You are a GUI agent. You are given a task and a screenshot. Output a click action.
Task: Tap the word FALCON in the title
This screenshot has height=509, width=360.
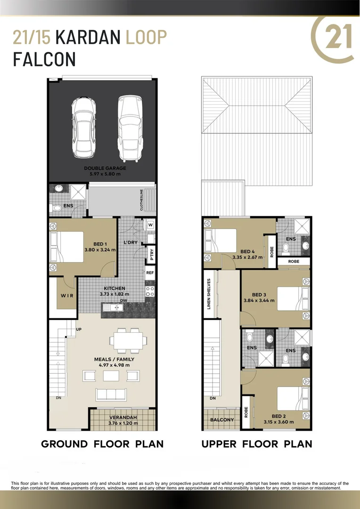(44, 59)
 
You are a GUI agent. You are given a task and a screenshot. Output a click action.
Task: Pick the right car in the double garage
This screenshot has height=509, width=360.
(130, 126)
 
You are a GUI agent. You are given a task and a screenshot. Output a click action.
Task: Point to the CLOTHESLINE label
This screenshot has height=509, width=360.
(141, 200)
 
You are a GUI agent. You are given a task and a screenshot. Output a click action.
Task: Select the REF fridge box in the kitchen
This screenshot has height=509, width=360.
(150, 272)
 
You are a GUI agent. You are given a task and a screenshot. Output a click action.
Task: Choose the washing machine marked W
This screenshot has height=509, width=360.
(151, 225)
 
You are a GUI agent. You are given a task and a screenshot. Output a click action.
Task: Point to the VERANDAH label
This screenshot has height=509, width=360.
(123, 417)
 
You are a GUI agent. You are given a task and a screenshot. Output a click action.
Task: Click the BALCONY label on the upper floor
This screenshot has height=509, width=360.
(222, 420)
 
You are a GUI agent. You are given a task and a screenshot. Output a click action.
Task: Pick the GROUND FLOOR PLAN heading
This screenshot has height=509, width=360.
(102, 444)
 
